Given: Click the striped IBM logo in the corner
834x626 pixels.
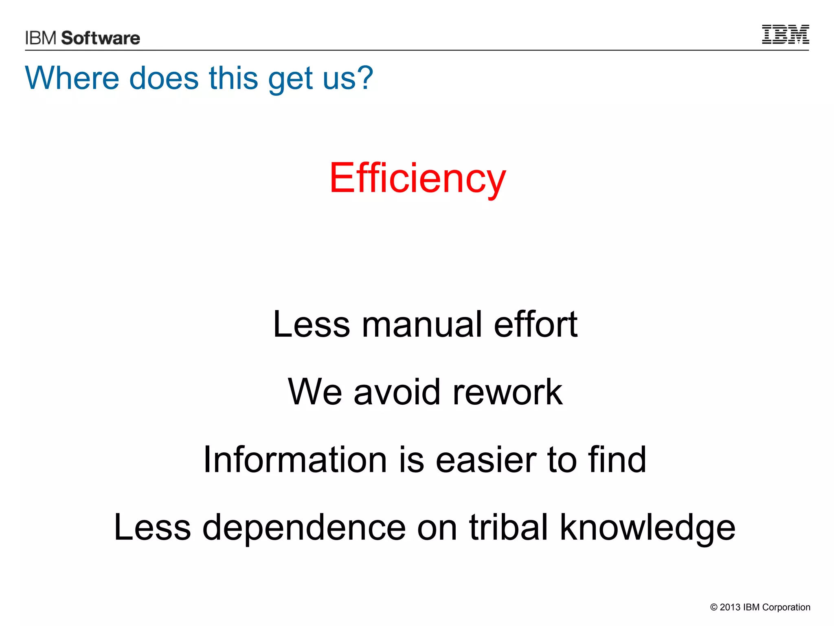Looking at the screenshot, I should [785, 34].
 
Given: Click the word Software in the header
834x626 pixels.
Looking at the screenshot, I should [101, 38].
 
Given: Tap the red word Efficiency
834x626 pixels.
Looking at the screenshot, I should [417, 178].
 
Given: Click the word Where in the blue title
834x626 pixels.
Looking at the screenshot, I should [72, 78].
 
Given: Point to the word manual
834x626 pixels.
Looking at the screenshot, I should [422, 324].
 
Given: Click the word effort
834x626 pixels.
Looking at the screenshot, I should [536, 324].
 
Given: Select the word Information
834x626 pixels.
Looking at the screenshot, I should [295, 460].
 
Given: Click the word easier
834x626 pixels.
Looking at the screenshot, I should [486, 460].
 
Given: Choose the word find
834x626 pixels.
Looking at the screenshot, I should [617, 460].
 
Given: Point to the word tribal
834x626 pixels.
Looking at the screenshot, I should [508, 527].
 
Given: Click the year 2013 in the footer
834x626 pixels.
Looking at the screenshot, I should [730, 607].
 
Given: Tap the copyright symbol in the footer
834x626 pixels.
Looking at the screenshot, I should [713, 607].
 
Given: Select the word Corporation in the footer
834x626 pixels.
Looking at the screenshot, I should [786, 607].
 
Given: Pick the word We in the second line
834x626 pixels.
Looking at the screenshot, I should [315, 392].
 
